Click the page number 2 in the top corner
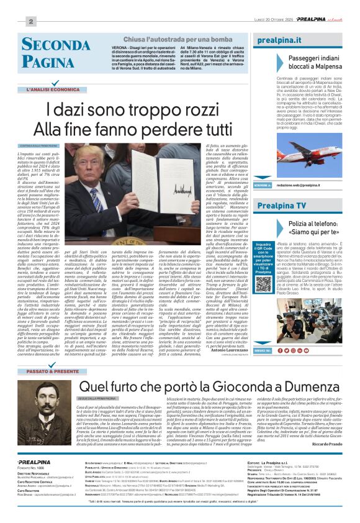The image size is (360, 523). (29, 21)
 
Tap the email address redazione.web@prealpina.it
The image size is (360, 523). (299, 185)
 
